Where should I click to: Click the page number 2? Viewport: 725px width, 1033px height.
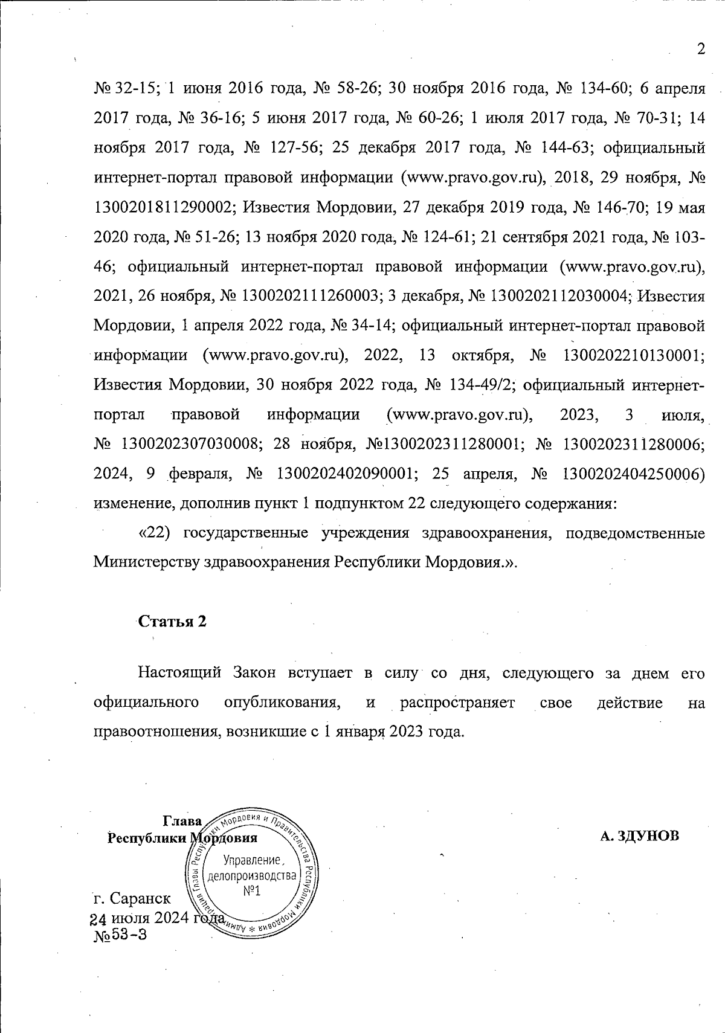point(701,50)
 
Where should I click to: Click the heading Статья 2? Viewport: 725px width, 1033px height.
point(173,622)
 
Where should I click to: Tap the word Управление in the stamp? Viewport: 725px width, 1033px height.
point(253,860)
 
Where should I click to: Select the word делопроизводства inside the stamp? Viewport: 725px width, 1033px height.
point(252,875)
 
